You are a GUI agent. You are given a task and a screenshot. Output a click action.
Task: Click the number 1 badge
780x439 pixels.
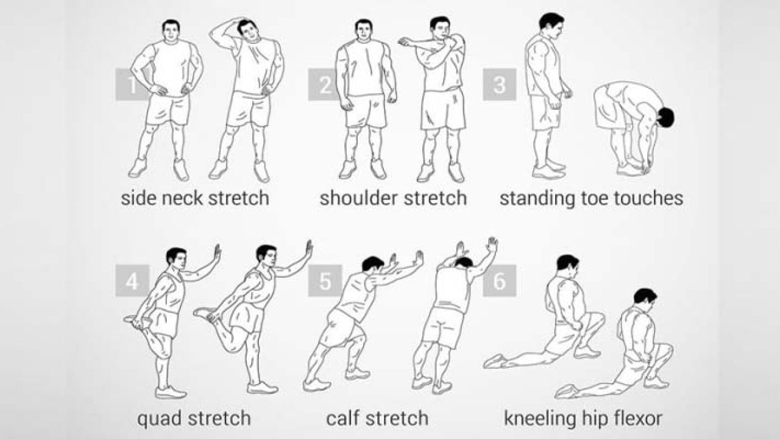[132, 84]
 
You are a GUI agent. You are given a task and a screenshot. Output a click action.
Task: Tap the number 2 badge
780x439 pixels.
[325, 84]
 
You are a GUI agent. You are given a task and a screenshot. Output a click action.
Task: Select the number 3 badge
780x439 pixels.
[499, 84]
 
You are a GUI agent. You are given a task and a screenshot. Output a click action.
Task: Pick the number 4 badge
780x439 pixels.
[132, 281]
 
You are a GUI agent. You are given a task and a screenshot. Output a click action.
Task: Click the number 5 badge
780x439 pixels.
[325, 281]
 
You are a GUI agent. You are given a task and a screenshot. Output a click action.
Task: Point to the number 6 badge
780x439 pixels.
[499, 281]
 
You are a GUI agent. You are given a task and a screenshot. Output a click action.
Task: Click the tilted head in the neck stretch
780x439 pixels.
[249, 30]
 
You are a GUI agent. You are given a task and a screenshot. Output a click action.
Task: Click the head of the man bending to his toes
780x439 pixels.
[665, 118]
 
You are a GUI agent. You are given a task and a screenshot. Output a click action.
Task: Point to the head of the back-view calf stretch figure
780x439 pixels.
[464, 262]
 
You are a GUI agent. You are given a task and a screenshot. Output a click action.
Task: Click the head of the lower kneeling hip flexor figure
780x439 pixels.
[645, 298]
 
